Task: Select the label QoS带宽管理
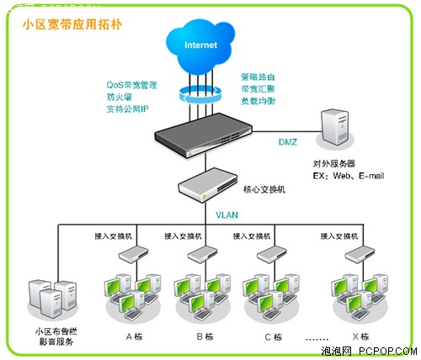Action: coord(131,85)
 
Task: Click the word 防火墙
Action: coord(120,97)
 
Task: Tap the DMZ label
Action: coord(288,143)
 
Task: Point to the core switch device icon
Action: coord(205,184)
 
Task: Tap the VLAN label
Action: coord(226,215)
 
